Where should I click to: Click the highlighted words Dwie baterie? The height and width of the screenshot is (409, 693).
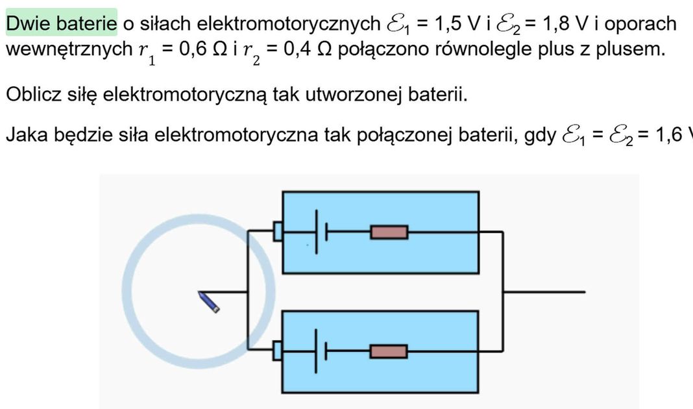pyautogui.click(x=62, y=23)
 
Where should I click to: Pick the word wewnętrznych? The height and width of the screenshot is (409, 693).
pyautogui.click(x=69, y=49)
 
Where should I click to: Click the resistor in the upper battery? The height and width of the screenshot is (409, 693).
pyautogui.click(x=389, y=232)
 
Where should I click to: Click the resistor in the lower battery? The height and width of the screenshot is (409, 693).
pyautogui.click(x=389, y=351)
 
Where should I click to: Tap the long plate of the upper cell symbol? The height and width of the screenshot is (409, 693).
pyautogui.click(x=317, y=232)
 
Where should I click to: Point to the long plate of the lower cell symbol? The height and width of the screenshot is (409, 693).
pyautogui.click(x=316, y=351)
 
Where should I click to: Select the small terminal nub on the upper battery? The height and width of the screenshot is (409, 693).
pyautogui.click(x=278, y=231)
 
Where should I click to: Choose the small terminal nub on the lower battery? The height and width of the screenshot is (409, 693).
pyautogui.click(x=278, y=351)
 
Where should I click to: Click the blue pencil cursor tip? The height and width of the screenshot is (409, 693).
pyautogui.click(x=199, y=292)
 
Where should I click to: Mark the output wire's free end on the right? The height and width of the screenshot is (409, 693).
pyautogui.click(x=585, y=292)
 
